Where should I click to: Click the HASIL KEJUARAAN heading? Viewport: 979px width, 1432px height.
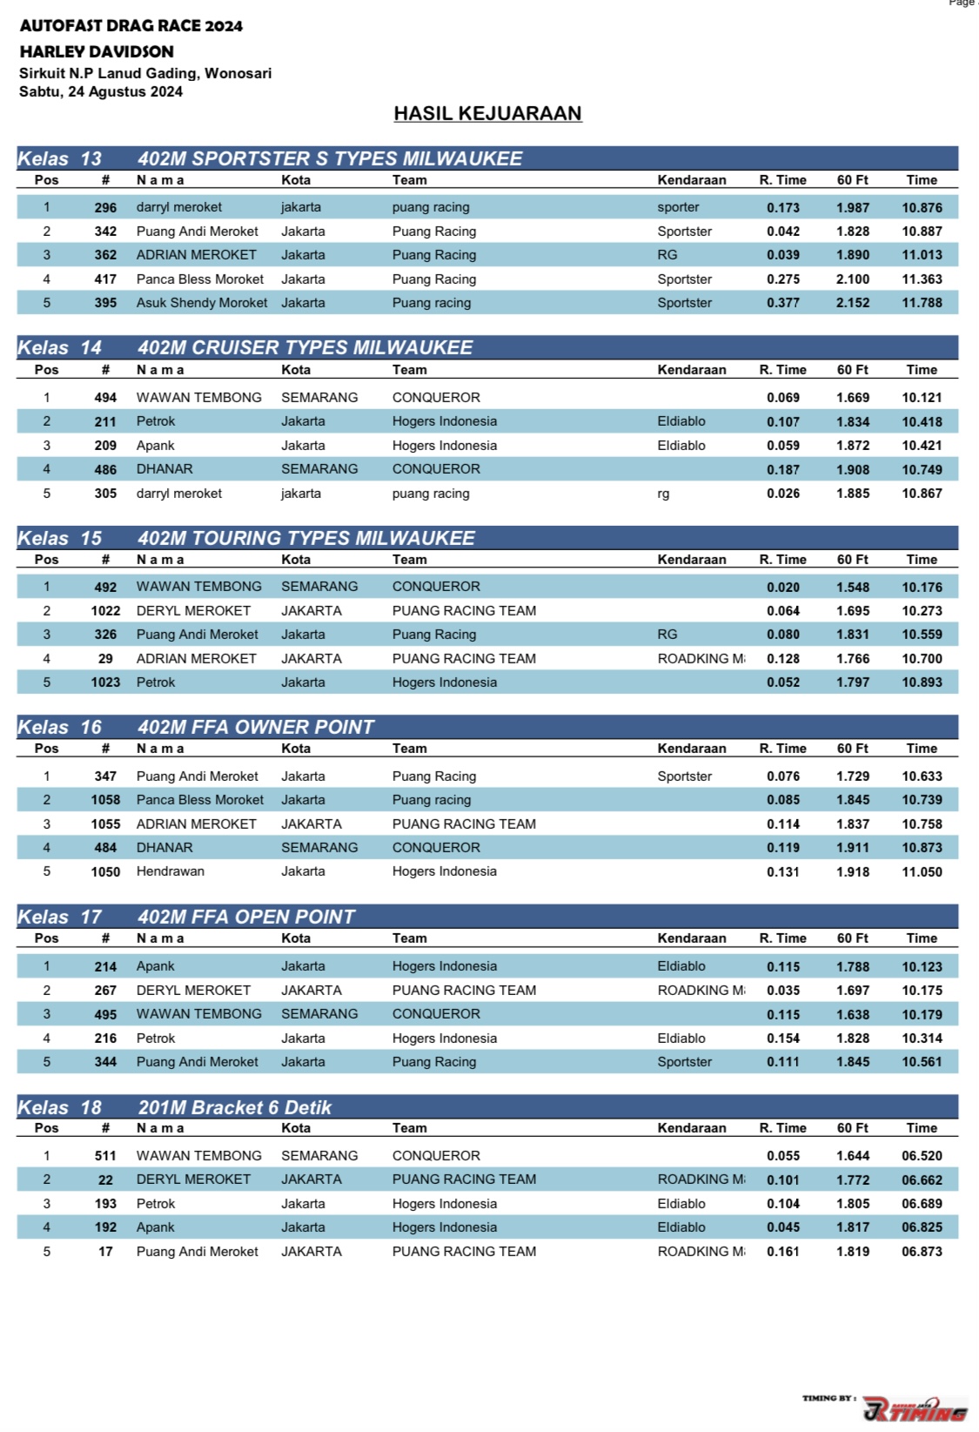pos(487,113)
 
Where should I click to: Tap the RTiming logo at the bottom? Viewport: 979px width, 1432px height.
pos(914,1408)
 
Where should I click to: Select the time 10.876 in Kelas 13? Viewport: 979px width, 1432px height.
pos(922,207)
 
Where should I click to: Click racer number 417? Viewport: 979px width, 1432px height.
pos(105,279)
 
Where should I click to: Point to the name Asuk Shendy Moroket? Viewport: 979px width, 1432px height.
pos(202,303)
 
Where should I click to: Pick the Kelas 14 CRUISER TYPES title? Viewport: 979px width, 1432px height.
pos(305,347)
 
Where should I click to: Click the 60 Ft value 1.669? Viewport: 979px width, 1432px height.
pos(852,398)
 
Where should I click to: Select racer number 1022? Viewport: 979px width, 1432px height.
pos(105,611)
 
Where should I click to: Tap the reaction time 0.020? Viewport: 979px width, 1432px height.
pos(782,588)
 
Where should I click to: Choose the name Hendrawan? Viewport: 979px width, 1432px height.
pos(171,871)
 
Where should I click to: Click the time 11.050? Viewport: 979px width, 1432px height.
pos(922,872)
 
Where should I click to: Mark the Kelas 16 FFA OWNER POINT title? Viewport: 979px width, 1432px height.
pos(256,727)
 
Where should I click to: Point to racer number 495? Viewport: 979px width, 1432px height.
pos(105,1014)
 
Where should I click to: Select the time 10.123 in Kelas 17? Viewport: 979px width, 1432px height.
pos(922,967)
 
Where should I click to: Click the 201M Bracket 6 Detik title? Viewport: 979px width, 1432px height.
pos(235,1107)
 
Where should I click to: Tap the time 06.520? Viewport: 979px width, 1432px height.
pos(922,1156)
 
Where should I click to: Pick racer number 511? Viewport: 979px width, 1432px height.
pos(105,1156)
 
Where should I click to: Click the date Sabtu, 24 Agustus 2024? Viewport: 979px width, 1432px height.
pos(101,91)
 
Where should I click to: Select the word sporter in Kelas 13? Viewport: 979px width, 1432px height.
pos(678,207)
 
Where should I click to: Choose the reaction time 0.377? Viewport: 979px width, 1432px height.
pos(782,303)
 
